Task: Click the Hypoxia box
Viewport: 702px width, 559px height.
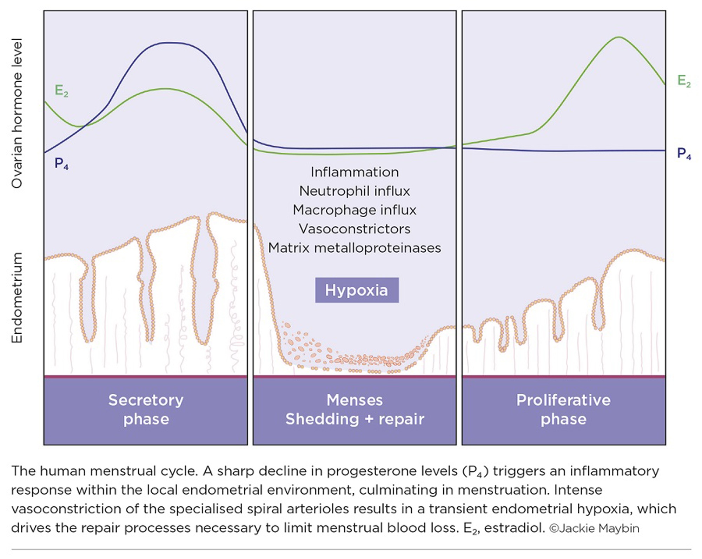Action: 357,290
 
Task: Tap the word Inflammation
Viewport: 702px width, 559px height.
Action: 355,172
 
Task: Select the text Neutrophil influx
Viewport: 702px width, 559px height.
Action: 355,191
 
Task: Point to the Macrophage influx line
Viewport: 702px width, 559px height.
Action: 355,210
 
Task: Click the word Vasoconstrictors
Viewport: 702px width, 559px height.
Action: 355,229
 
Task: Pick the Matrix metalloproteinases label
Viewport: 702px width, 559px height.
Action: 355,248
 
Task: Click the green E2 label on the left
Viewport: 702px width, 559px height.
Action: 61,91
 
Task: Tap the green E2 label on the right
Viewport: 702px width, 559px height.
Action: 684,81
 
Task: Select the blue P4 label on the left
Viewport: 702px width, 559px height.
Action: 61,164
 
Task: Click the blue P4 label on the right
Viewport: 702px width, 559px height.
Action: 684,154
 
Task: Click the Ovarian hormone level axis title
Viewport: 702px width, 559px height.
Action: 17,113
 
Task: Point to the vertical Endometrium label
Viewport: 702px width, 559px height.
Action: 17,298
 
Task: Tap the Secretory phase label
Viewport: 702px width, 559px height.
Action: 146,410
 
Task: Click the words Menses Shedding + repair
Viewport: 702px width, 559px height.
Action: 355,410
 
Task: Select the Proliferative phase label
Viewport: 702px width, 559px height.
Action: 563,410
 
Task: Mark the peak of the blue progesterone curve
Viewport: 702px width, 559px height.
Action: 170,43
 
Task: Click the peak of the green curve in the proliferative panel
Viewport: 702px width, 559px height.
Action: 619,37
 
